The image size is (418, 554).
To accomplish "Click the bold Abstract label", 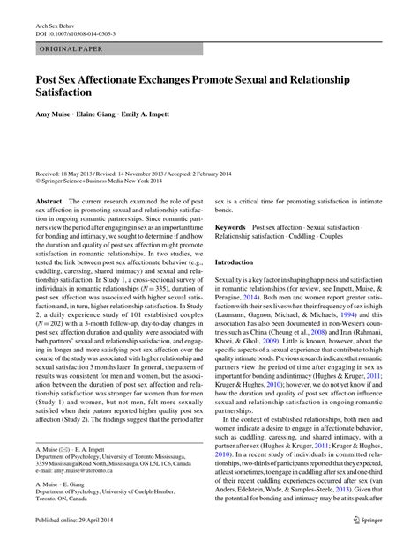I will point(49,201).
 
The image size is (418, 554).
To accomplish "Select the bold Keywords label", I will point(233,227).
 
